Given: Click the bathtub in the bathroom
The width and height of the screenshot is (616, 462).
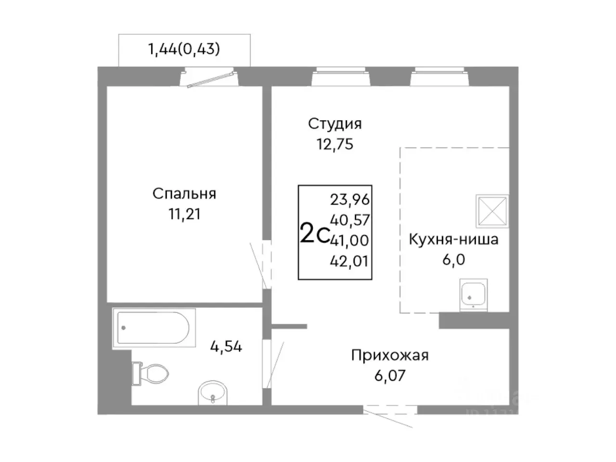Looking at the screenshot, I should click(154, 328).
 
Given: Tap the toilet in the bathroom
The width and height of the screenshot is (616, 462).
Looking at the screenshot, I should click(152, 373).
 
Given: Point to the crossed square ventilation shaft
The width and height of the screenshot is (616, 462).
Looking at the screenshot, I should click(492, 211).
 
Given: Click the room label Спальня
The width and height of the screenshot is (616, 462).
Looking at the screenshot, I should click(184, 193).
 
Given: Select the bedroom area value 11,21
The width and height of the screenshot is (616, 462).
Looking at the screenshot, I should click(184, 214).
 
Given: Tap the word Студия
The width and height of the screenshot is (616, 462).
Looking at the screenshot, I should click(334, 124).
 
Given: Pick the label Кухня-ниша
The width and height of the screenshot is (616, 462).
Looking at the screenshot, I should click(453, 239).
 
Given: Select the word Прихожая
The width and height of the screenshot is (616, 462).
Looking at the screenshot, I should click(389, 356).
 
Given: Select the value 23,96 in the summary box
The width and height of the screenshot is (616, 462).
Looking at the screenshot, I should click(349, 199).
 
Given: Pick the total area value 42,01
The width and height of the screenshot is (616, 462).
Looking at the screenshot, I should click(349, 261).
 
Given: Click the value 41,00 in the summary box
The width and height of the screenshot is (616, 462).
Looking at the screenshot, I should click(350, 240).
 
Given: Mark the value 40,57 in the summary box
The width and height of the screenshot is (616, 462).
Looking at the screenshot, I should click(350, 220).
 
